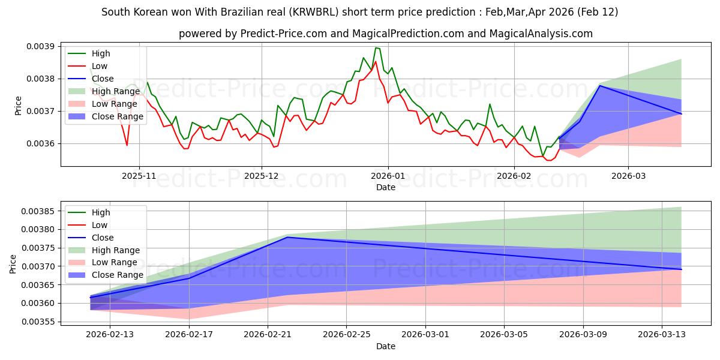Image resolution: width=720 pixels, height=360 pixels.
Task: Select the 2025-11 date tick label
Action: point(139,175)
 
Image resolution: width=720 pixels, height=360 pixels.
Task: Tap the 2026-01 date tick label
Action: point(388,175)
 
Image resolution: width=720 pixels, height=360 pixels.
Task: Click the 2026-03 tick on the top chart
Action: point(628,175)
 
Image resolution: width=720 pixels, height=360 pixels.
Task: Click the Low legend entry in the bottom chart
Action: point(100,225)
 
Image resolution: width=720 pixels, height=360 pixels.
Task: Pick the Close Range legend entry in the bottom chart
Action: point(118,275)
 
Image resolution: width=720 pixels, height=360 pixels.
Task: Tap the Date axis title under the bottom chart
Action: point(386,346)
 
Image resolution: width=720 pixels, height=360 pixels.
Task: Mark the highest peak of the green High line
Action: point(376,48)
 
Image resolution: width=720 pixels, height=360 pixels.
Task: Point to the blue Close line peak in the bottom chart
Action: point(287,237)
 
